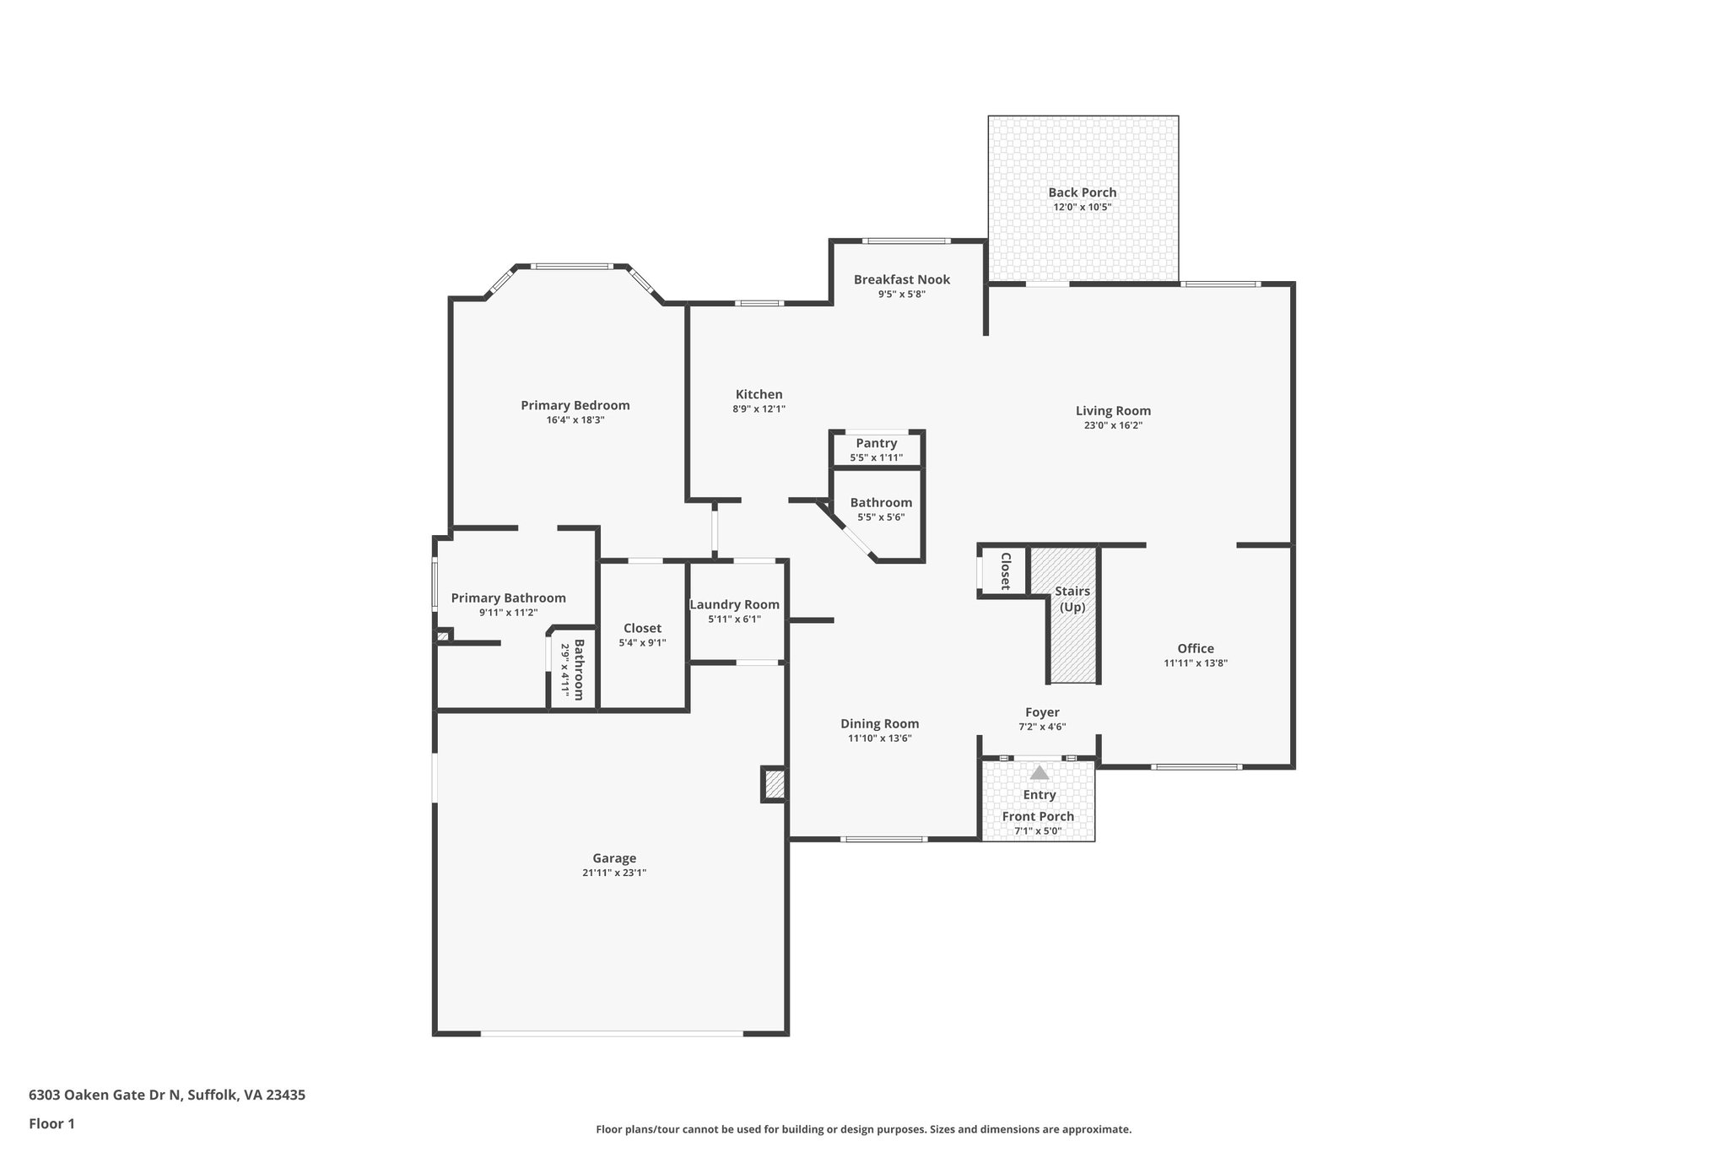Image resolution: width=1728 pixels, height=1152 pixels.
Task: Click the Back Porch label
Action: [1082, 192]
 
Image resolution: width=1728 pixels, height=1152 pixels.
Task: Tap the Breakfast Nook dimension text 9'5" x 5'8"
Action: [901, 295]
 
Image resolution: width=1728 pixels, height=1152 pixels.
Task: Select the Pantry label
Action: [876, 443]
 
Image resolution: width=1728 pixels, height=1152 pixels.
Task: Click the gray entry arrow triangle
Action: [1039, 772]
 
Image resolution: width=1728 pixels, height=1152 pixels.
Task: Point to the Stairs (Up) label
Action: [1072, 599]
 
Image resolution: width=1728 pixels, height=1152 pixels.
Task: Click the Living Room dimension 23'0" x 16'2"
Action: [1113, 426]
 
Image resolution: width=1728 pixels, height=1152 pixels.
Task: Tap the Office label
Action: [1196, 648]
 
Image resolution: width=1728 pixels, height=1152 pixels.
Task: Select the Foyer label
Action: [1042, 712]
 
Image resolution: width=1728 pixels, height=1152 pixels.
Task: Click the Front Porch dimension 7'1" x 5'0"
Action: [1038, 831]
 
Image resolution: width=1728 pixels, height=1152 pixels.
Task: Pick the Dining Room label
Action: [879, 723]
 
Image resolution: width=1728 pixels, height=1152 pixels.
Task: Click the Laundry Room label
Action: [734, 604]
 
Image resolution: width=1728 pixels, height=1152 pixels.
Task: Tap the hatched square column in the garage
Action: [775, 785]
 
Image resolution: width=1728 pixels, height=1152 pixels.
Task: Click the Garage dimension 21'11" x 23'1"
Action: [614, 873]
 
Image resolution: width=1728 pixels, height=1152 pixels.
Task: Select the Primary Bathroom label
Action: [508, 598]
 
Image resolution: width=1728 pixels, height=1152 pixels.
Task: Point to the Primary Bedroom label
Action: [575, 405]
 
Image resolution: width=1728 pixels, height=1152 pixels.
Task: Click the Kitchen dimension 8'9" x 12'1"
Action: [759, 409]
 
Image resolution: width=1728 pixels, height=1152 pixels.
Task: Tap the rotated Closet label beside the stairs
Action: [1006, 571]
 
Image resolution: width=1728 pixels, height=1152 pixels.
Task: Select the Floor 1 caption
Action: [51, 1123]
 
